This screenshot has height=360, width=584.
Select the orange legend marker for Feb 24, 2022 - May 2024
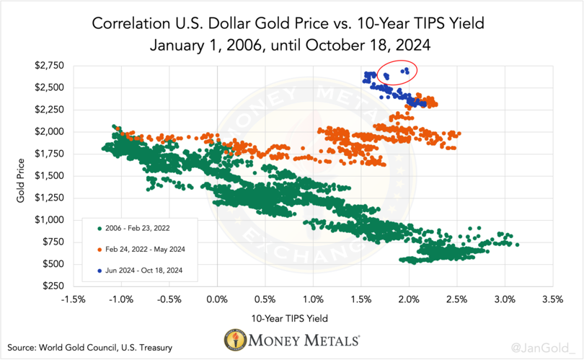pos(98,250)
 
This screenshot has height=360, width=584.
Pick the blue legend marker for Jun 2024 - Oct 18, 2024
pos(98,270)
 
